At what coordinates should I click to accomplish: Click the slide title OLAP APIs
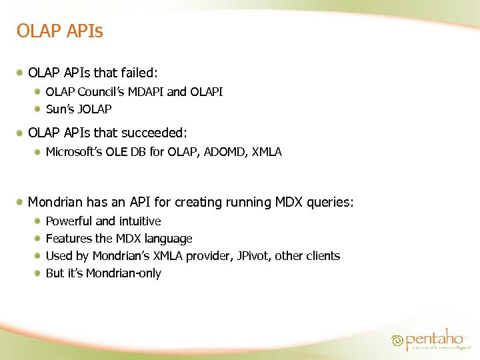click(x=59, y=31)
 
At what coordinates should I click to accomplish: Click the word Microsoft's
click(x=74, y=152)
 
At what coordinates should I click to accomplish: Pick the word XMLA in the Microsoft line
click(x=267, y=152)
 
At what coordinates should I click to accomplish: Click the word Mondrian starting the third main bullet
click(x=57, y=202)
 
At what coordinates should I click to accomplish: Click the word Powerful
click(x=69, y=221)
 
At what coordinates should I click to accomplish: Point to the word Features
click(x=69, y=239)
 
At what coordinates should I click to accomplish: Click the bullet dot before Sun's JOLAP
click(x=39, y=109)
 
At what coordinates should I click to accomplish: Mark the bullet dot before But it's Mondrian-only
click(x=39, y=273)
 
